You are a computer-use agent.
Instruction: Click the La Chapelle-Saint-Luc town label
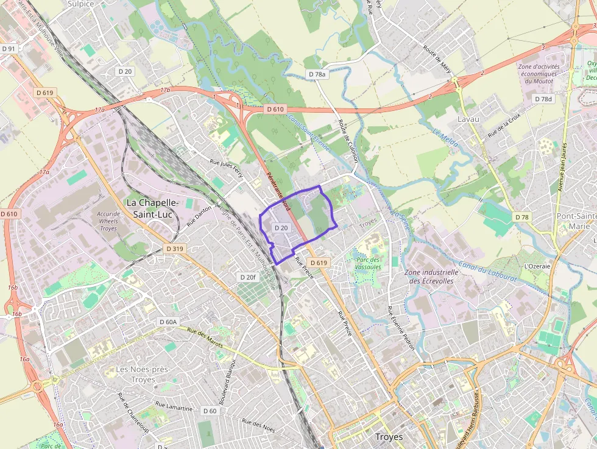[152, 207]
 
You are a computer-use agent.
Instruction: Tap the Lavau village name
[468, 119]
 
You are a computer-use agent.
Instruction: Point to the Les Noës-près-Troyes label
[144, 375]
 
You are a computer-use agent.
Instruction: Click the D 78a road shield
[317, 74]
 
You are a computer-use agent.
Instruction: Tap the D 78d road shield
[543, 99]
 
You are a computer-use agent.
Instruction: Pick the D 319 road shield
[174, 249]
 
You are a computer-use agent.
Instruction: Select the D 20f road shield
[246, 277]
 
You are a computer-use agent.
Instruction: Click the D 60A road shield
[168, 322]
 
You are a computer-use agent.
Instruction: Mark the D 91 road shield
[9, 48]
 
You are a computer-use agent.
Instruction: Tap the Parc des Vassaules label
[367, 263]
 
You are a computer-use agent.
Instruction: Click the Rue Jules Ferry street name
[226, 168]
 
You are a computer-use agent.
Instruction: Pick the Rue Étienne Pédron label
[401, 328]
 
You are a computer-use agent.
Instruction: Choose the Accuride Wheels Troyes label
[108, 221]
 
